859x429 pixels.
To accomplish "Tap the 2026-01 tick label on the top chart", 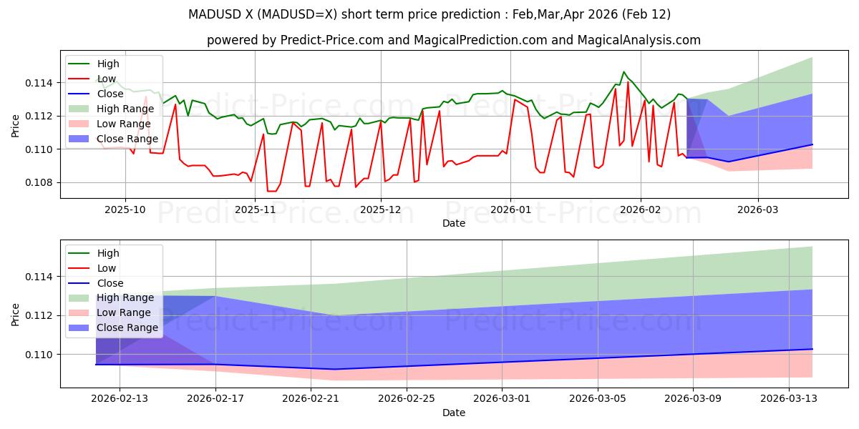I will pyautogui.click(x=510, y=209).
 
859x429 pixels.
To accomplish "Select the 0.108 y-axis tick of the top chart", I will pyautogui.click(x=37, y=182).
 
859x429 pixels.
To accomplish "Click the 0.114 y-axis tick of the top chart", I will pyautogui.click(x=37, y=83).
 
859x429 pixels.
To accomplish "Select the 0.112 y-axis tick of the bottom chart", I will pyautogui.click(x=37, y=315).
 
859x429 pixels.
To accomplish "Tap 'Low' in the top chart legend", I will pyautogui.click(x=107, y=79).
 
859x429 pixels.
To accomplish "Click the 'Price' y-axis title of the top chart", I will pyautogui.click(x=16, y=124).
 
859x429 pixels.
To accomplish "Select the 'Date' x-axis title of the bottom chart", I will pyautogui.click(x=454, y=413).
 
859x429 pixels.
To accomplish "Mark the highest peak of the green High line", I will pyautogui.click(x=623, y=71).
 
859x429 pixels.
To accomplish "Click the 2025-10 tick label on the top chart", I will pyautogui.click(x=126, y=209).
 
